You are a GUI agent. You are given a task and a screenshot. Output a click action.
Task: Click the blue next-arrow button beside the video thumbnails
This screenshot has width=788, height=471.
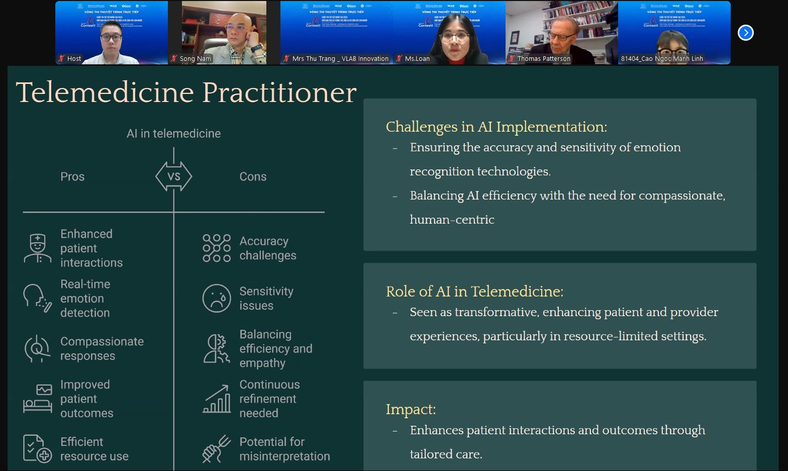[745, 33]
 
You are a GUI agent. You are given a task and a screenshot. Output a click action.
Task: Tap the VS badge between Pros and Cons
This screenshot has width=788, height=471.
[174, 176]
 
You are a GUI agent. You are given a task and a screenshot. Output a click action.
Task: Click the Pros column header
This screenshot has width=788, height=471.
[72, 176]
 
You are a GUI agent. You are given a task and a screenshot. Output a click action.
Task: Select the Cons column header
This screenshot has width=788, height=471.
[253, 176]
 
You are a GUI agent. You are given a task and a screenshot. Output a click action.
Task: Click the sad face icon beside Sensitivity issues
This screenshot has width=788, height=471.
[217, 298]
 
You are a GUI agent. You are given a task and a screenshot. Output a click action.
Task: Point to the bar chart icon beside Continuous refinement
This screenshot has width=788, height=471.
[217, 399]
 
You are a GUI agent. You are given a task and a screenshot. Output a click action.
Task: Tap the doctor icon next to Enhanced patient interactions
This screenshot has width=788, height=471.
[38, 248]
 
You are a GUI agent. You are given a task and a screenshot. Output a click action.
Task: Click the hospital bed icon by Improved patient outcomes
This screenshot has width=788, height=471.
[38, 399]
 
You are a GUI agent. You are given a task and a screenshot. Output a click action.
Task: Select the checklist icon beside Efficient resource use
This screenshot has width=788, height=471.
[37, 448]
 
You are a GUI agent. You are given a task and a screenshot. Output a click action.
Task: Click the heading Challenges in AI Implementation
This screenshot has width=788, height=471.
[496, 127]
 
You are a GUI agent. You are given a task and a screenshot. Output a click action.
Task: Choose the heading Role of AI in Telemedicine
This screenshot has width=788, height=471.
[474, 292]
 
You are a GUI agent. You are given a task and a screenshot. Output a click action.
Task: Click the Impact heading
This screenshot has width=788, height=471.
[411, 409]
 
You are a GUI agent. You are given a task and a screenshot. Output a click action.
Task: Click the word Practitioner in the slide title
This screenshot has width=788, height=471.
[279, 92]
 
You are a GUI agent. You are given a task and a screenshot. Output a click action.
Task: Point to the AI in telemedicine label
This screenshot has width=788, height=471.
[173, 134]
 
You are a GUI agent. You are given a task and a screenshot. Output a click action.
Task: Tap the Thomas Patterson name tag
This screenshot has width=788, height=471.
[543, 59]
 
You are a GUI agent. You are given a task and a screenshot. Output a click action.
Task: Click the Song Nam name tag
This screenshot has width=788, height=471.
[195, 59]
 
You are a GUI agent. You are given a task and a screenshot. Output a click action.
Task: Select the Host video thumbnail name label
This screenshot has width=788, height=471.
[74, 59]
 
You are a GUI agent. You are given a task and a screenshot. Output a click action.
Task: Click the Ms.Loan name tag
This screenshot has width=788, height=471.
[417, 59]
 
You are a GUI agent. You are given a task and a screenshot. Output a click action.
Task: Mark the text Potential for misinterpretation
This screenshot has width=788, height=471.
[284, 449]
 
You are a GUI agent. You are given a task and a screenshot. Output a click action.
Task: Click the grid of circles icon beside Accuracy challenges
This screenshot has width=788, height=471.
[217, 248]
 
